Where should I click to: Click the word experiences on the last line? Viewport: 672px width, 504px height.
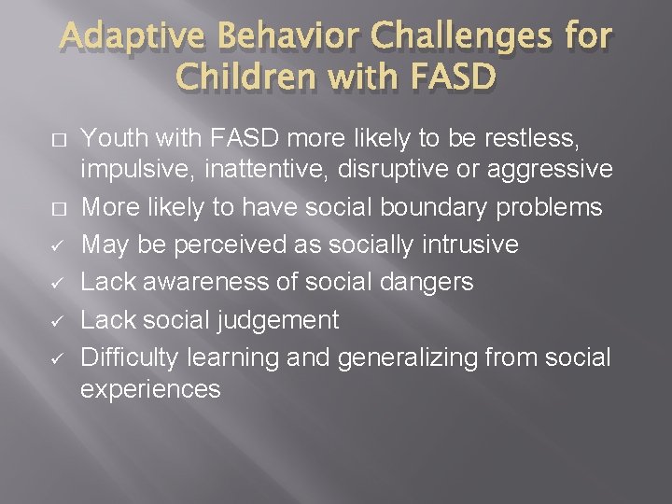pyautogui.click(x=151, y=388)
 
